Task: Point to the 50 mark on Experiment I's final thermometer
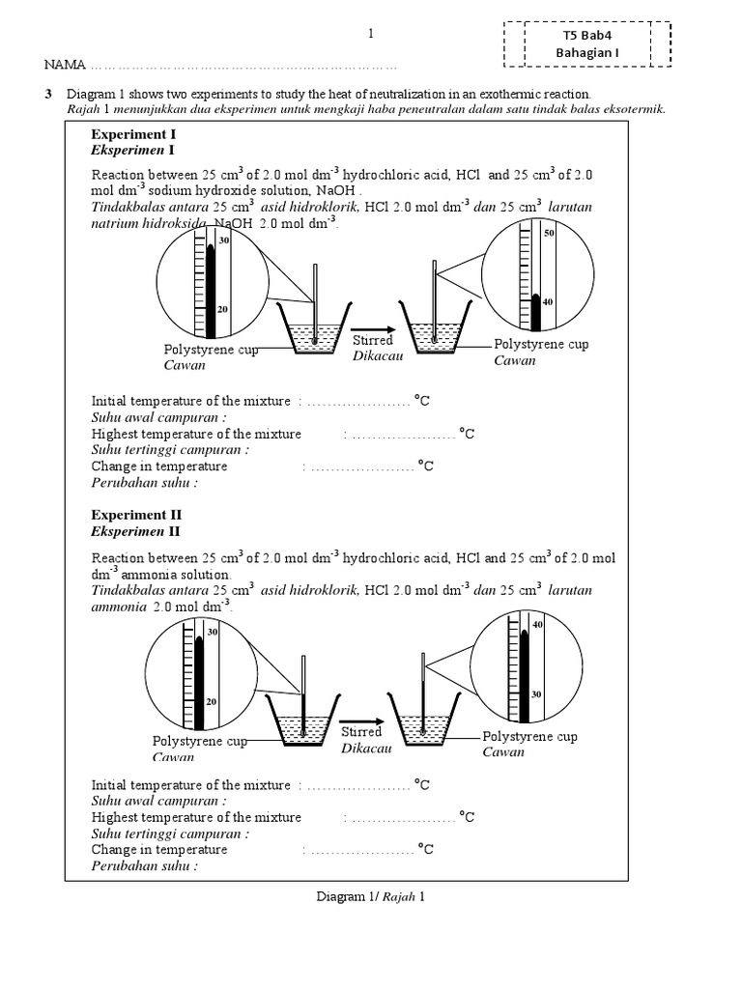tap(548, 233)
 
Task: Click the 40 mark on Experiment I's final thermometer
tap(548, 301)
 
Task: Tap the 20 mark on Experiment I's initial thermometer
tap(222, 309)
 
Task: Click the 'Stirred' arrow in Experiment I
tap(374, 326)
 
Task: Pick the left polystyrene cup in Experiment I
tap(313, 330)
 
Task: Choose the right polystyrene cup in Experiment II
tap(422, 722)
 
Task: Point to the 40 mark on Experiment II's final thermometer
tap(537, 625)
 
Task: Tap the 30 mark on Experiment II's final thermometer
tap(537, 694)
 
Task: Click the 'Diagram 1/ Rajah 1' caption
tap(371, 896)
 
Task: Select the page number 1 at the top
tap(371, 35)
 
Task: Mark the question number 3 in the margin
tap(47, 94)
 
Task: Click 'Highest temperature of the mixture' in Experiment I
tap(196, 434)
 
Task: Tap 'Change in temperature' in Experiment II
tap(159, 849)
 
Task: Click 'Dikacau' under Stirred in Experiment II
tap(361, 748)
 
